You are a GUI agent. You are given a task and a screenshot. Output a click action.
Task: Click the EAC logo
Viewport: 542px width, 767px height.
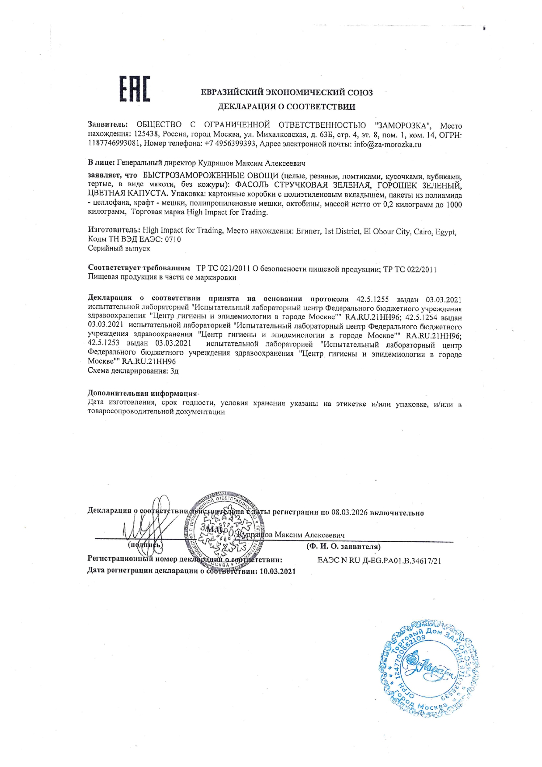(x=135, y=89)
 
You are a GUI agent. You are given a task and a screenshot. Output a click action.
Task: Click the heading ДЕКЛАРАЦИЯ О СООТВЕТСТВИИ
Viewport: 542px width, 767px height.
(x=286, y=107)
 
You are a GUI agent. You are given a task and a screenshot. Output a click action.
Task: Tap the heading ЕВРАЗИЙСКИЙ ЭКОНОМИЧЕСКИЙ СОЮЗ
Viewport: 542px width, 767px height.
(x=286, y=93)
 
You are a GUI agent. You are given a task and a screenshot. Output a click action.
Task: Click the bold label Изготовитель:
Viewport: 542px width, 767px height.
(x=114, y=230)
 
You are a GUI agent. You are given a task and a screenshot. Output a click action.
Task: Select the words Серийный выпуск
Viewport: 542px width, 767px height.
(x=119, y=248)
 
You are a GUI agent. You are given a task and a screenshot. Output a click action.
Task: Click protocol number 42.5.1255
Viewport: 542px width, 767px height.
(x=372, y=300)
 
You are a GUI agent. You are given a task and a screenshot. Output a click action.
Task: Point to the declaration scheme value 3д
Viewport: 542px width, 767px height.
(x=174, y=371)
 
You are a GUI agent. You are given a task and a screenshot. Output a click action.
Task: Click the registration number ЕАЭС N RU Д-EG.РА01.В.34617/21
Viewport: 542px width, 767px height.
(x=379, y=560)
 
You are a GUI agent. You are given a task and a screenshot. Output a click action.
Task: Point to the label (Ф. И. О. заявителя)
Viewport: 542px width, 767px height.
(x=343, y=547)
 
